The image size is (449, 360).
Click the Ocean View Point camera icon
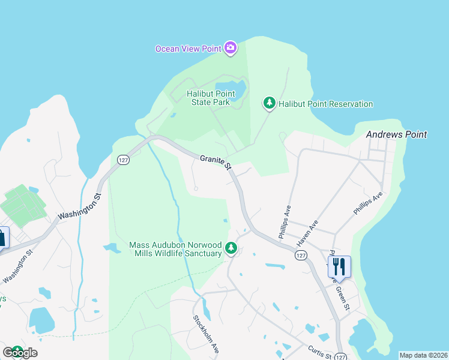230,48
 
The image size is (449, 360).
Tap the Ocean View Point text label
187,49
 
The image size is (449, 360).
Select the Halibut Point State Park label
210,98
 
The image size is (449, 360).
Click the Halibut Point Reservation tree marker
270,103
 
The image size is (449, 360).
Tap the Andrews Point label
397,134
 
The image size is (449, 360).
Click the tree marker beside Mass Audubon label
231,248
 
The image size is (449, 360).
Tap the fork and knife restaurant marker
339,265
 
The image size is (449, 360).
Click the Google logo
20,352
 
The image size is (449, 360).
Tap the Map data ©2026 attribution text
423,355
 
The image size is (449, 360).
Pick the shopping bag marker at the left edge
3,236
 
